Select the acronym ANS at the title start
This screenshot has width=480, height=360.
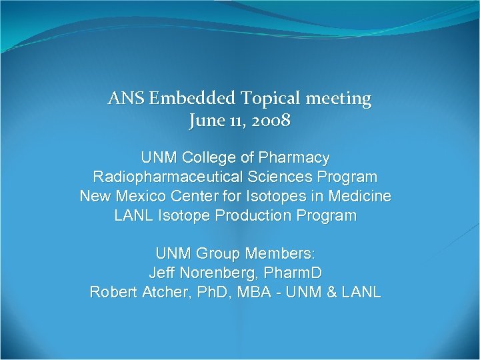tap(125, 99)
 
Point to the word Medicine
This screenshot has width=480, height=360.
tap(360, 197)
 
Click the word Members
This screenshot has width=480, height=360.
tap(281, 255)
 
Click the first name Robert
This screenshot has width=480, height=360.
tap(113, 293)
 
